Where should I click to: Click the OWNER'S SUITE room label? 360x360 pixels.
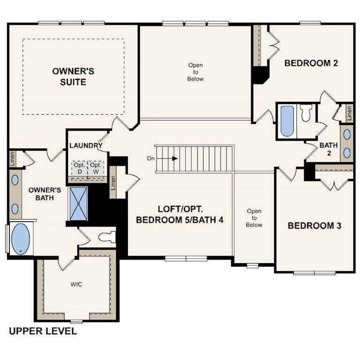coord(73,76)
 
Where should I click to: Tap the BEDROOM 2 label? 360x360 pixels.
coord(311,63)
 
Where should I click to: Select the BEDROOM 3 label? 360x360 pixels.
coord(314,226)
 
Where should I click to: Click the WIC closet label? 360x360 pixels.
coord(76,285)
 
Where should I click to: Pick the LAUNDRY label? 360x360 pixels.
coord(86,146)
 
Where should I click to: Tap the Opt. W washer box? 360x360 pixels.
coord(96,169)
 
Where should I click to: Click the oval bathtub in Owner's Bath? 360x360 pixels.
coord(20,239)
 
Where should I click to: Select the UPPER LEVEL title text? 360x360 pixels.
coord(43,331)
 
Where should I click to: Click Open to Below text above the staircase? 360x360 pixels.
coord(195,72)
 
